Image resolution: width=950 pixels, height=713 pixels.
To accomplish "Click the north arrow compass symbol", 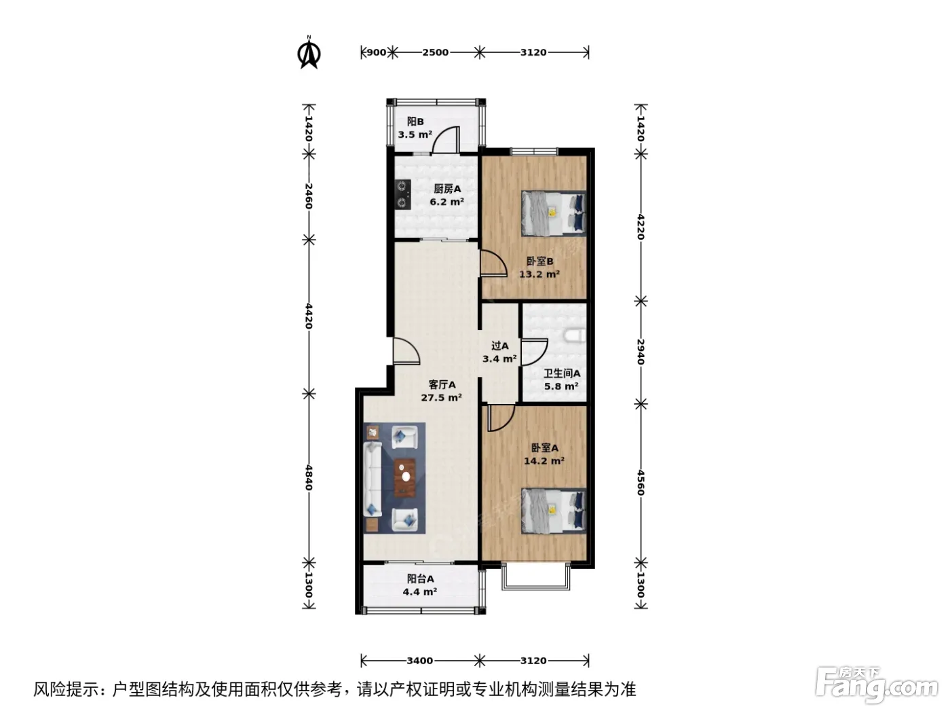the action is (309, 52).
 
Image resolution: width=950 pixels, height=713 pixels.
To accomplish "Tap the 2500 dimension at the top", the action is (435, 52).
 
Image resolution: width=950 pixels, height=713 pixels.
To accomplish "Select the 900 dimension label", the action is (376, 52).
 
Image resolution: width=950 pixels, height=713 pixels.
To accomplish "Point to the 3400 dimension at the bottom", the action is (419, 661).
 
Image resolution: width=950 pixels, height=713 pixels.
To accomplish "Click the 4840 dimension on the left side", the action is (309, 477).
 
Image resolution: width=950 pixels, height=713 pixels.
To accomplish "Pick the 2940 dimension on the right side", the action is (641, 352).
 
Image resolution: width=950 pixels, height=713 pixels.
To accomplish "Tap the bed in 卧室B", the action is (554, 213).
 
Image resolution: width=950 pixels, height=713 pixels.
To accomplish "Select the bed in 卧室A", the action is (554, 511).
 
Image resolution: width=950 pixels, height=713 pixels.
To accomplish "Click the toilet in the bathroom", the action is (575, 335).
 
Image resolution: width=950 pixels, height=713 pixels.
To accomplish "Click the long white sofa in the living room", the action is (373, 479).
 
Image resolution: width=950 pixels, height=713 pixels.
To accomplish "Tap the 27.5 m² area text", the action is (442, 397).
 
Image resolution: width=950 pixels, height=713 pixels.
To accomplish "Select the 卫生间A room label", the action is (562, 373).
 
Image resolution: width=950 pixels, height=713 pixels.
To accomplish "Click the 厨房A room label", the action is (447, 189).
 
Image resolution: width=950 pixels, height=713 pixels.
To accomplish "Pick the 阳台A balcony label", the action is (420, 579).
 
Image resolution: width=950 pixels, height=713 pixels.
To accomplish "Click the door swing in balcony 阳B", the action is (446, 139).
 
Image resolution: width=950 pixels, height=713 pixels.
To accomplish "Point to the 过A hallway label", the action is (500, 346).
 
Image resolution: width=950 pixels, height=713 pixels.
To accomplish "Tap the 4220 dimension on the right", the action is (641, 227).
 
